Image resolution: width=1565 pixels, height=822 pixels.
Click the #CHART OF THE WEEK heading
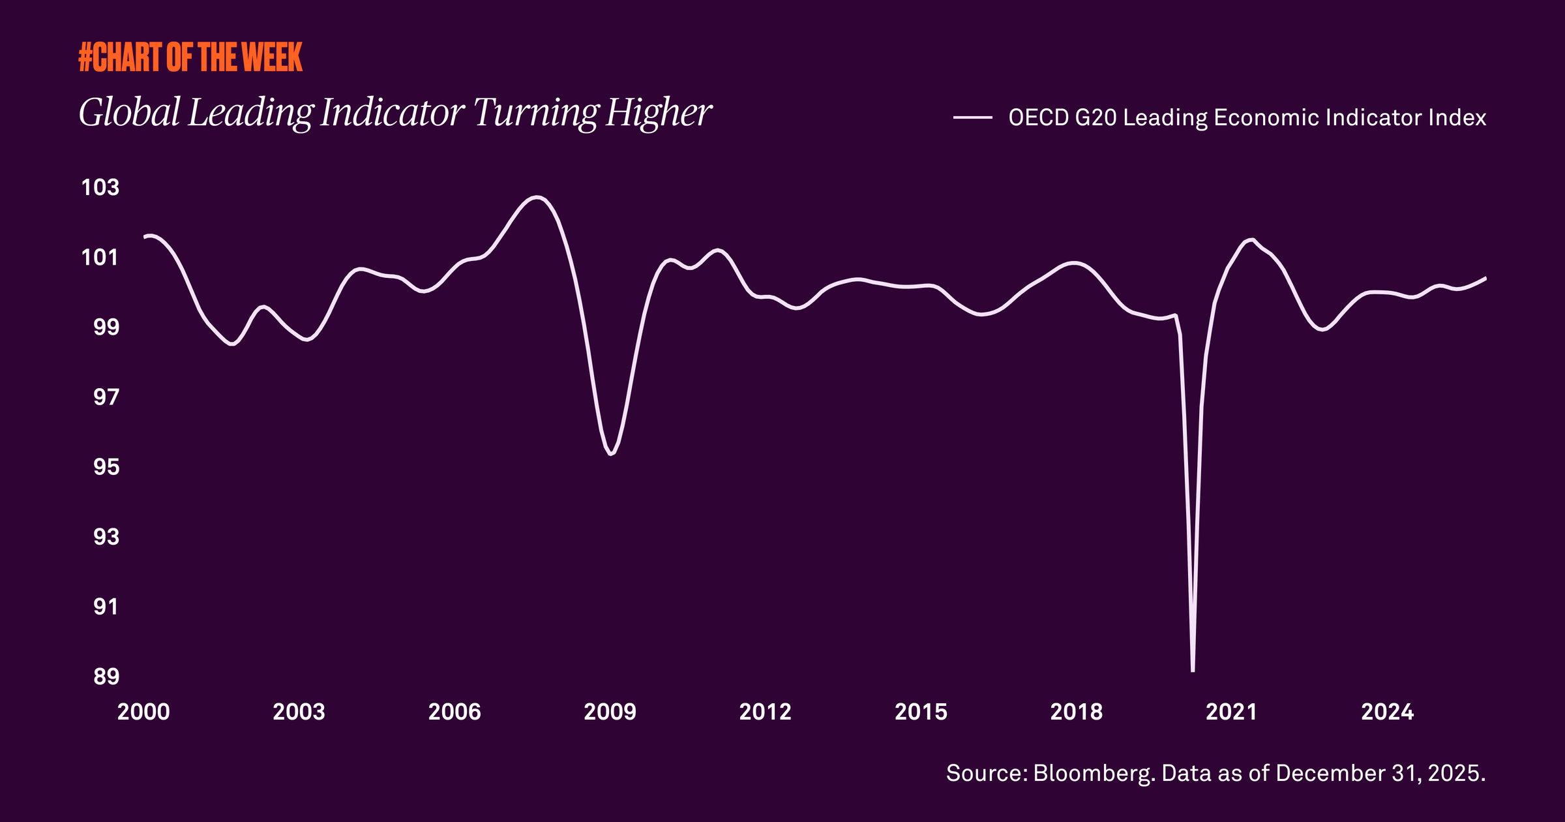(x=190, y=57)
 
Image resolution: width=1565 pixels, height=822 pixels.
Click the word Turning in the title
(x=535, y=112)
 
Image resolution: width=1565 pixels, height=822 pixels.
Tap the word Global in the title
(x=130, y=112)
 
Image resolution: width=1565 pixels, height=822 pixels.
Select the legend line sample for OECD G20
(x=972, y=118)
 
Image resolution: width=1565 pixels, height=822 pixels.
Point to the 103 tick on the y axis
(x=100, y=187)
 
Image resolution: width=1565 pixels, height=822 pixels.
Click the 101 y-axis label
(x=100, y=258)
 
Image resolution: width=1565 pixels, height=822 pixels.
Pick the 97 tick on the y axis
(x=106, y=397)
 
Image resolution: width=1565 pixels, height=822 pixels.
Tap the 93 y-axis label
(x=106, y=537)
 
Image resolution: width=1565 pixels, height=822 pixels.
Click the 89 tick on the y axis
(x=106, y=677)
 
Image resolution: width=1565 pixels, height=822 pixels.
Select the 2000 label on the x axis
(x=143, y=712)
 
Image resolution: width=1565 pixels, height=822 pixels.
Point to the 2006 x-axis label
(x=455, y=712)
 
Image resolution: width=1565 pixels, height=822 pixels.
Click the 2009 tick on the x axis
(x=610, y=712)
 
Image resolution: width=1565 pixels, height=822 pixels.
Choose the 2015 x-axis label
(x=921, y=712)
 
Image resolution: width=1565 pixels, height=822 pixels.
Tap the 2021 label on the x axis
(x=1232, y=712)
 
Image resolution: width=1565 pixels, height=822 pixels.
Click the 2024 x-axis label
(x=1388, y=712)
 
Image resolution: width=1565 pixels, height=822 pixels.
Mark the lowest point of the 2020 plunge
(x=1193, y=669)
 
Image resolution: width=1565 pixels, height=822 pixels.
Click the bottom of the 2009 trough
(x=610, y=453)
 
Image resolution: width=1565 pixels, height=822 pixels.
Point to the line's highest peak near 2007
(x=537, y=197)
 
